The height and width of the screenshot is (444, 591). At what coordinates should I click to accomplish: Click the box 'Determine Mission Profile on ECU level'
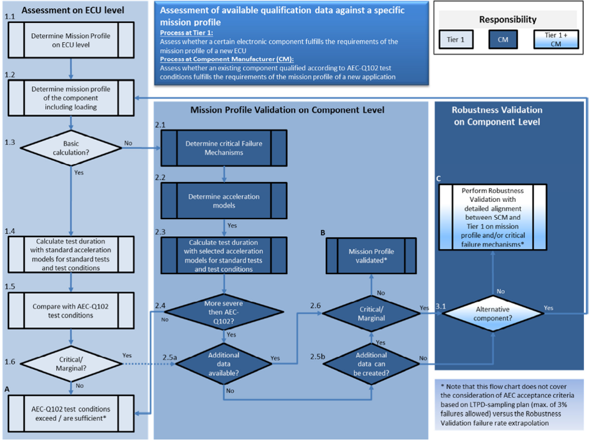click(70, 40)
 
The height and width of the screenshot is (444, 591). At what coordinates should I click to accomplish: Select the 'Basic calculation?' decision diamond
click(71, 148)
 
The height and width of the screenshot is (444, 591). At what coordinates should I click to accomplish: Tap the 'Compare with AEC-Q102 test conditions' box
click(70, 311)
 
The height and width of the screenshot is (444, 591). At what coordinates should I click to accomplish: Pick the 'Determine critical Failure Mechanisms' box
click(224, 148)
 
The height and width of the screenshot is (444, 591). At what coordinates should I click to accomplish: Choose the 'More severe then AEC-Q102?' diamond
click(223, 311)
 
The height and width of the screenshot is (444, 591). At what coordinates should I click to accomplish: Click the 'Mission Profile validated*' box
click(371, 256)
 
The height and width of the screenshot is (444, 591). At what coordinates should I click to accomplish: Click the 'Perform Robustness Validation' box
click(492, 217)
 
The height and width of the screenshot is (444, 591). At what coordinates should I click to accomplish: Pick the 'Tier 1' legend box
click(456, 40)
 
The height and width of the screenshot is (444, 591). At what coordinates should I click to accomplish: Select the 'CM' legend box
click(504, 40)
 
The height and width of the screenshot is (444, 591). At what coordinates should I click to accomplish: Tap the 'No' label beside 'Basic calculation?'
click(128, 143)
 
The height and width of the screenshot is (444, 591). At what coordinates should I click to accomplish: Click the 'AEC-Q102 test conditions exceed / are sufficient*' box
click(70, 413)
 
